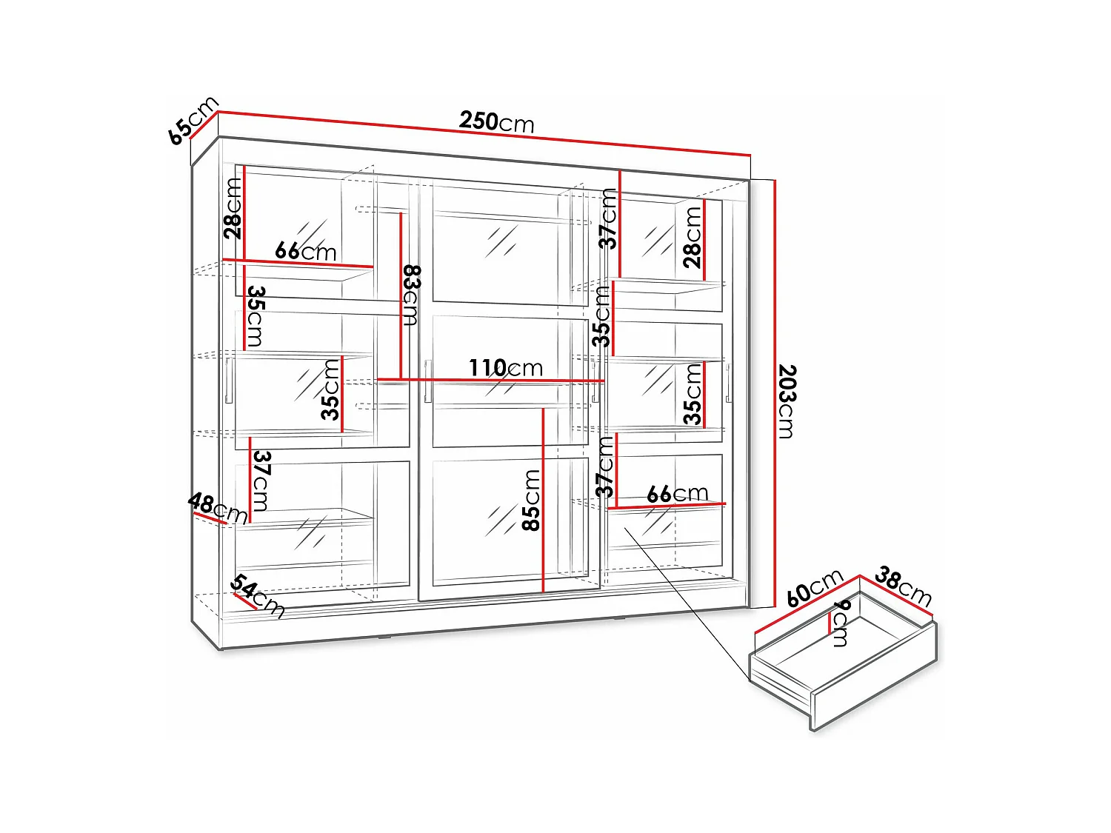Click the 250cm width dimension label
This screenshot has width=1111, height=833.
point(496,121)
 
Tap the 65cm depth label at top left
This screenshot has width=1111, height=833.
point(193,120)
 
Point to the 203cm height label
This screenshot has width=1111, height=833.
point(787,401)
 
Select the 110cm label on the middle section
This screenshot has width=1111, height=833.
point(505,367)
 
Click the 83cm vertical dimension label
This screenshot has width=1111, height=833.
point(412,295)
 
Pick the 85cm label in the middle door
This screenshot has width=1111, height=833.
point(532,500)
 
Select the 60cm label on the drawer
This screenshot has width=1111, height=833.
point(814,587)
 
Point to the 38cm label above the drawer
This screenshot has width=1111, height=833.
point(903,585)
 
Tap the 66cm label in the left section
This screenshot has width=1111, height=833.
point(305,251)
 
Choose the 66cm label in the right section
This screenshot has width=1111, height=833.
point(677,493)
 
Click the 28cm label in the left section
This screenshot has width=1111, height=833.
point(233,208)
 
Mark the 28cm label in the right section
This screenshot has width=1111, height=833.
point(692,237)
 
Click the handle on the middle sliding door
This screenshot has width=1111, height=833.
point(428,381)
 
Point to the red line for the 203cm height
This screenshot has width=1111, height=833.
point(774,392)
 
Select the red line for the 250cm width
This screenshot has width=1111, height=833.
point(481,133)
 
